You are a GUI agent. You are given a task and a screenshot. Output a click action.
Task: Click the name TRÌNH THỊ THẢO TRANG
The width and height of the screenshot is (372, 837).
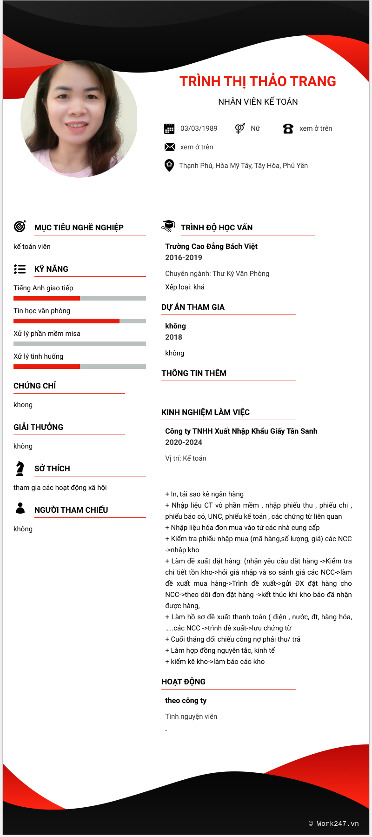pos(258,81)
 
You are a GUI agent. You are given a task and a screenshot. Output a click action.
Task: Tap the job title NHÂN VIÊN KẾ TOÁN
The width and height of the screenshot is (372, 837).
pos(258,102)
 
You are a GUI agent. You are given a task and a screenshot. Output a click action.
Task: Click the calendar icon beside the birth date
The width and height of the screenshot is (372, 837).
pos(169,129)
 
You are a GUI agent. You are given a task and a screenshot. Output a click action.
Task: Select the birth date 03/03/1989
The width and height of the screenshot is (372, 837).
pos(199,128)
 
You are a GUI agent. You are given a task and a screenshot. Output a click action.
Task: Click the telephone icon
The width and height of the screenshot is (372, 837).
pos(288,129)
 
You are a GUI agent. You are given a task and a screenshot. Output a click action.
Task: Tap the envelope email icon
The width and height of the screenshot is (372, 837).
pos(170,147)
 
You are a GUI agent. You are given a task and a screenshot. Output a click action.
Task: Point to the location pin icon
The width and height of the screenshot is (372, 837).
pos(169,165)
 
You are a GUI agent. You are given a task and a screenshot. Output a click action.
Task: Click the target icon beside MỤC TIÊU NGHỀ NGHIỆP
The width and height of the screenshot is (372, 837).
pos(20,227)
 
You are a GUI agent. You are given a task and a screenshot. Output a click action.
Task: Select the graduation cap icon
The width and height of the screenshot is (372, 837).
pos(168,226)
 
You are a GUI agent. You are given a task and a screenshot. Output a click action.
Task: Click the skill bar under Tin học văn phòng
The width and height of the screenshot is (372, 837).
pos(80,321)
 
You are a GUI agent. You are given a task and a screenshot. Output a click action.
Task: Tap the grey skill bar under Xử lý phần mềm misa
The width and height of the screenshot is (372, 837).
pos(80,344)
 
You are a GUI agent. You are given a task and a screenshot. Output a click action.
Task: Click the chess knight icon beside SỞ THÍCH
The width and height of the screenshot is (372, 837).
pos(20,468)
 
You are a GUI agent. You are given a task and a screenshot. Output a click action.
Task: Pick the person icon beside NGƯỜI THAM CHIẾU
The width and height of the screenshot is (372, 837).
pos(20,508)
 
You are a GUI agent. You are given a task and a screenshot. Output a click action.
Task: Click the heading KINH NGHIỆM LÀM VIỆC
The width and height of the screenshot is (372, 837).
pos(206,412)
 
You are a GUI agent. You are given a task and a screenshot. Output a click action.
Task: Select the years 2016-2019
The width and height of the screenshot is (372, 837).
pos(184,258)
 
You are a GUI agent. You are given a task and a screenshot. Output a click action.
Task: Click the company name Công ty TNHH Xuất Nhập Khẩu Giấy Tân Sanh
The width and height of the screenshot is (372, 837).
pos(241,431)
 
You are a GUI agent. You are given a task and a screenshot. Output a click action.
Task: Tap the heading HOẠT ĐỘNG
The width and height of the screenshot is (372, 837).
pos(183,682)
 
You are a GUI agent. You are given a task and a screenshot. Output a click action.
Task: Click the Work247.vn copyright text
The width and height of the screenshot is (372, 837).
pos(334,824)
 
